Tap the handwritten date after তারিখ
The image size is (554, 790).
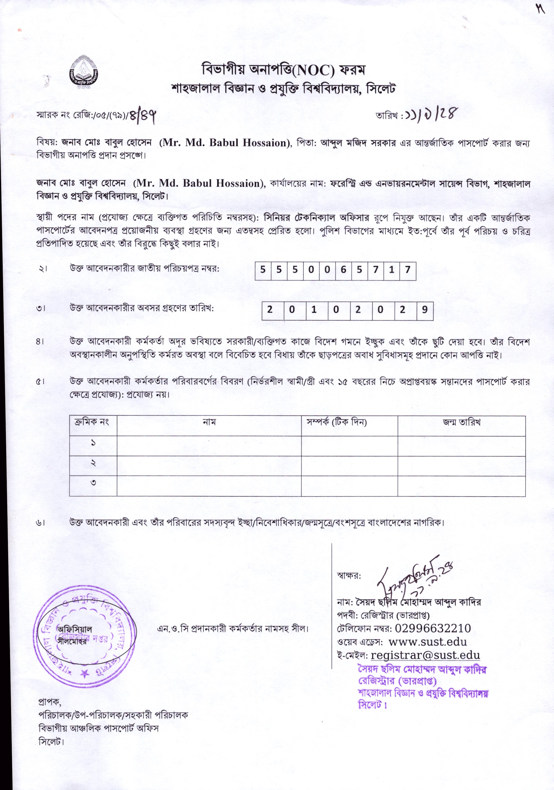point(432,113)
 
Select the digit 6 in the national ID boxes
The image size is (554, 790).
point(343,270)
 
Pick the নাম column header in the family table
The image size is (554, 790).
point(209,422)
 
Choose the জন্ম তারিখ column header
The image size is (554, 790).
point(461,422)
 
